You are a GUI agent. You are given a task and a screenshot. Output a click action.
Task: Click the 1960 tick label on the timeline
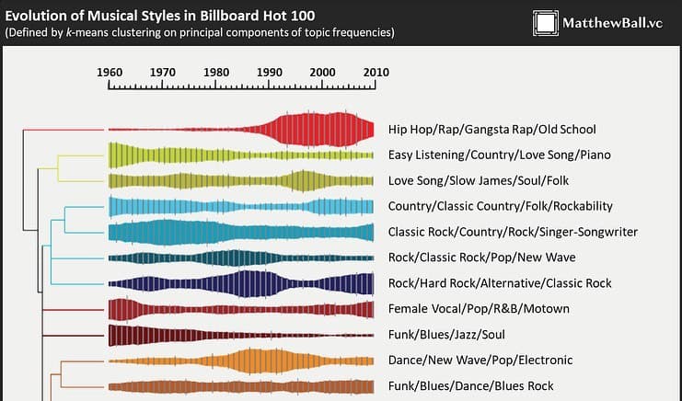point(110,72)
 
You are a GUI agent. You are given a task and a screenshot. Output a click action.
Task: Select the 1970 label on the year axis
point(163,72)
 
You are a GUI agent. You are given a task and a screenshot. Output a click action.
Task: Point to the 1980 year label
point(216,72)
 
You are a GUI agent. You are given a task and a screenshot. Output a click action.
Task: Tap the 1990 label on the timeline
point(270,72)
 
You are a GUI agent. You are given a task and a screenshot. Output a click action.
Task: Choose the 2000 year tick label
point(323,72)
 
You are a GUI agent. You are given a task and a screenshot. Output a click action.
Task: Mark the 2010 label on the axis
point(375,72)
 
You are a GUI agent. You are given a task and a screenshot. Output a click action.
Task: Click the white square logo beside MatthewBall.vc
point(545,23)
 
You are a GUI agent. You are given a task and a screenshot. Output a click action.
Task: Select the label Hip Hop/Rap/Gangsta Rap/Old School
point(491,130)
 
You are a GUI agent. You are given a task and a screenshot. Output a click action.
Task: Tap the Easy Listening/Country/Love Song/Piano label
point(499,155)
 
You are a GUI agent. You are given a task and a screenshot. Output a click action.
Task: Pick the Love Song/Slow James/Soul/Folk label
point(479,180)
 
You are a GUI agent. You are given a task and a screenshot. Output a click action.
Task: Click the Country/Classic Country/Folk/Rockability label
point(500,206)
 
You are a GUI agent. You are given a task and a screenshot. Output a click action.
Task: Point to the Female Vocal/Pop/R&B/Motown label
point(479,309)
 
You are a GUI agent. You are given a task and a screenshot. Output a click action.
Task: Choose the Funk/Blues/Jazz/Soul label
point(447,335)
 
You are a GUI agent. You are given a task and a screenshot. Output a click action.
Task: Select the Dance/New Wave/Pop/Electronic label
point(480,360)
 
